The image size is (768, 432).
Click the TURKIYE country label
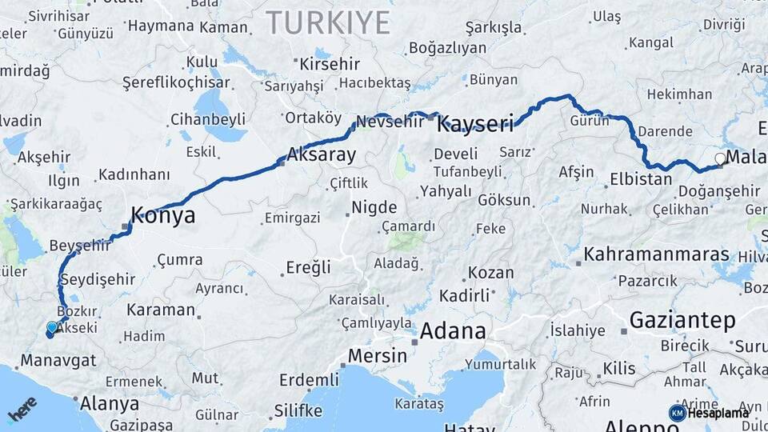point(328,22)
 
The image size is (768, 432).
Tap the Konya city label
point(162,215)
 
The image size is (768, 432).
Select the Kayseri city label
point(475,123)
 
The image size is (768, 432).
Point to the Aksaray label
point(321,155)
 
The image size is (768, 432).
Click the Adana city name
point(453,330)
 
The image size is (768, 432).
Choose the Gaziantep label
point(682,321)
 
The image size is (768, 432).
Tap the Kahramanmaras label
point(657,254)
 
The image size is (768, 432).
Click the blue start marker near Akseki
point(52,328)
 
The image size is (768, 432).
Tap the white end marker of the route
point(720,158)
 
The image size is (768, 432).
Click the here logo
point(22,408)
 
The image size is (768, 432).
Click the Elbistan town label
point(641,178)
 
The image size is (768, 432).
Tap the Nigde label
point(374,207)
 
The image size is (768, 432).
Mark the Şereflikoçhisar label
point(177,82)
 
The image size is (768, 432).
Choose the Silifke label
point(298,410)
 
